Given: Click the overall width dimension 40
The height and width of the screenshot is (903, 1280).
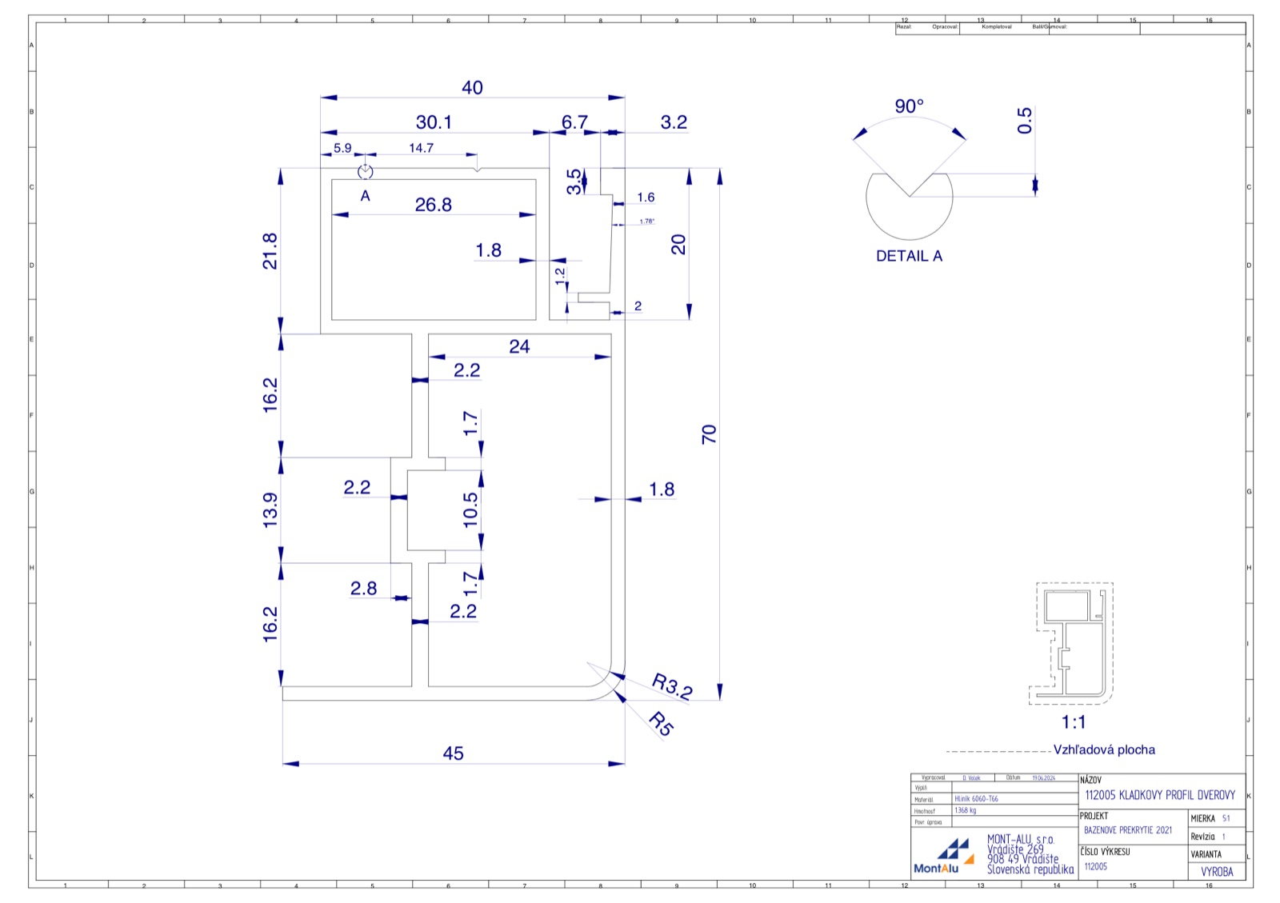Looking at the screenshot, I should tap(472, 88).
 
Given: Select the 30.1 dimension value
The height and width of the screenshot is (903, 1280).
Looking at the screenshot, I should tap(434, 122).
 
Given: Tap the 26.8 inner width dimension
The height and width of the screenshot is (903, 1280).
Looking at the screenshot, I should tap(433, 205).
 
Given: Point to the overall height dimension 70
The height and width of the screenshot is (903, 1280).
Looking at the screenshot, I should tap(709, 434).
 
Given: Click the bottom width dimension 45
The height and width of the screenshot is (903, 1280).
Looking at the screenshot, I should tap(453, 753).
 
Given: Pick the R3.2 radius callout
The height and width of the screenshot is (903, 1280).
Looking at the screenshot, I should tap(671, 686).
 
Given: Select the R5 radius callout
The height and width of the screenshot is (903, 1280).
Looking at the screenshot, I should tap(661, 724).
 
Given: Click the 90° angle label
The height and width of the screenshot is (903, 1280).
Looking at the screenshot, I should tap(909, 106).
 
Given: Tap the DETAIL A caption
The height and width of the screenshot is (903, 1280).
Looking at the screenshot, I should tap(909, 256).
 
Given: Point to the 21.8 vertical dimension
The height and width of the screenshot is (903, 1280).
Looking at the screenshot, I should tap(270, 250).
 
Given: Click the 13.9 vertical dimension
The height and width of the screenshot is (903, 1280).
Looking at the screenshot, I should tap(270, 509).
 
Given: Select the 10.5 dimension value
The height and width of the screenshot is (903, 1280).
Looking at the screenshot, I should tap(470, 509).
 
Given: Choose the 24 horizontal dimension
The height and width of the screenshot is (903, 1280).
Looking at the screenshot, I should tap(519, 346).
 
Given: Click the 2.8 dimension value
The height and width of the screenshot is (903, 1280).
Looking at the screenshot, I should tap(363, 589).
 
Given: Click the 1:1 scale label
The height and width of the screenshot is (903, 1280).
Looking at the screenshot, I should tap(1074, 722).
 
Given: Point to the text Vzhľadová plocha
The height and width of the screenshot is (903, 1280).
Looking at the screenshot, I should tap(1104, 750).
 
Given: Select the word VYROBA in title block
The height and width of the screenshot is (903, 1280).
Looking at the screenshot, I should tap(1217, 872).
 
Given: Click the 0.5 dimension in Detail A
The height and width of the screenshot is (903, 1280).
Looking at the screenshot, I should tap(1025, 120).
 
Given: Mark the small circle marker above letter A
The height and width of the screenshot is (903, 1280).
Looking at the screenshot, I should tap(366, 172).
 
